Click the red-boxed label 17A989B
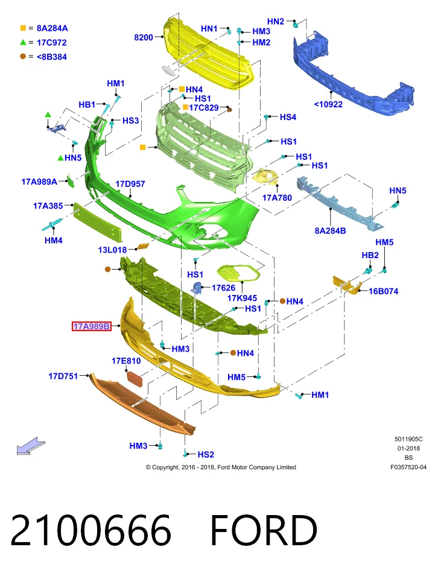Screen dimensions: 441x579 pyautogui.click(x=92, y=326)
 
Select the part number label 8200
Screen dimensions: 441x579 pyautogui.click(x=144, y=37)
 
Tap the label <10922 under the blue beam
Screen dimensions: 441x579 pyautogui.click(x=328, y=104)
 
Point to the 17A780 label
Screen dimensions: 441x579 pyautogui.click(x=277, y=198)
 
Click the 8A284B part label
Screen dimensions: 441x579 pyautogui.click(x=330, y=231)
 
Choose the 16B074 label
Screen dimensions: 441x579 pyautogui.click(x=383, y=291)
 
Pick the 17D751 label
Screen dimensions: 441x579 pyautogui.click(x=63, y=376)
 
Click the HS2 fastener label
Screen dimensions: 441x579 pyautogui.click(x=206, y=454)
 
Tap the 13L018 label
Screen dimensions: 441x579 pyautogui.click(x=112, y=250)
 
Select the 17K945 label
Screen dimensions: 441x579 pyautogui.click(x=242, y=298)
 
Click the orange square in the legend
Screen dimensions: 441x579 pyautogui.click(x=23, y=28)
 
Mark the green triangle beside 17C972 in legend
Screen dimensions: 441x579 pyautogui.click(x=23, y=42)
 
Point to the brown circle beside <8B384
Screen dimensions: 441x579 pyautogui.click(x=23, y=57)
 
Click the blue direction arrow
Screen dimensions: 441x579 pyautogui.click(x=31, y=446)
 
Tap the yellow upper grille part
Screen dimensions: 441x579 pyautogui.click(x=209, y=54)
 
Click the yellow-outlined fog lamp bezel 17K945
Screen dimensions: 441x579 pyautogui.click(x=238, y=273)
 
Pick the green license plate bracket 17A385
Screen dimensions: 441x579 pyautogui.click(x=97, y=221)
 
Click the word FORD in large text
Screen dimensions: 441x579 pyautogui.click(x=264, y=530)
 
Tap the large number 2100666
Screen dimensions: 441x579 pyautogui.click(x=91, y=530)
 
